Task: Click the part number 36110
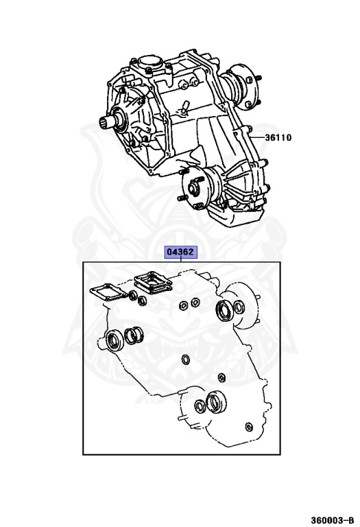(x=278, y=137)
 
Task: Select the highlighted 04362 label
(x=180, y=252)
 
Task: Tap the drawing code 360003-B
(x=332, y=520)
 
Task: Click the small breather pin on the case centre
(x=184, y=108)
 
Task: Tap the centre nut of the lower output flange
(x=192, y=188)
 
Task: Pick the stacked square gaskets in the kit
(x=154, y=283)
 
